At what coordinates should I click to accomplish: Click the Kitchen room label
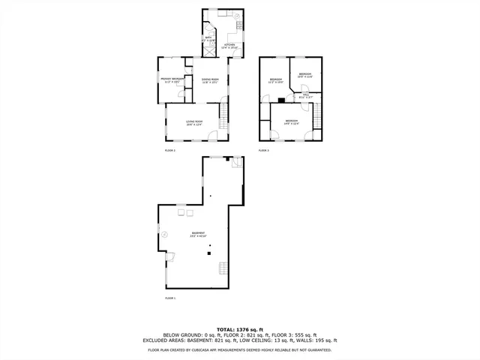229,46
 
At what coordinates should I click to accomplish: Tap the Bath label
209,37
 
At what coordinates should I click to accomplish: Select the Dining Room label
210,80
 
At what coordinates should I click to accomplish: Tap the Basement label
197,234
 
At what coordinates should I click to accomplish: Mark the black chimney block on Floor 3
280,99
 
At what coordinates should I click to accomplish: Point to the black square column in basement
210,255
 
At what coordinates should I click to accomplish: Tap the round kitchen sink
236,16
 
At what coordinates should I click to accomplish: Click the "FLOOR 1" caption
169,298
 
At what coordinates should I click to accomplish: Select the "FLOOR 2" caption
169,151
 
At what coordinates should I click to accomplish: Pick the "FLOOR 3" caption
263,151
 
